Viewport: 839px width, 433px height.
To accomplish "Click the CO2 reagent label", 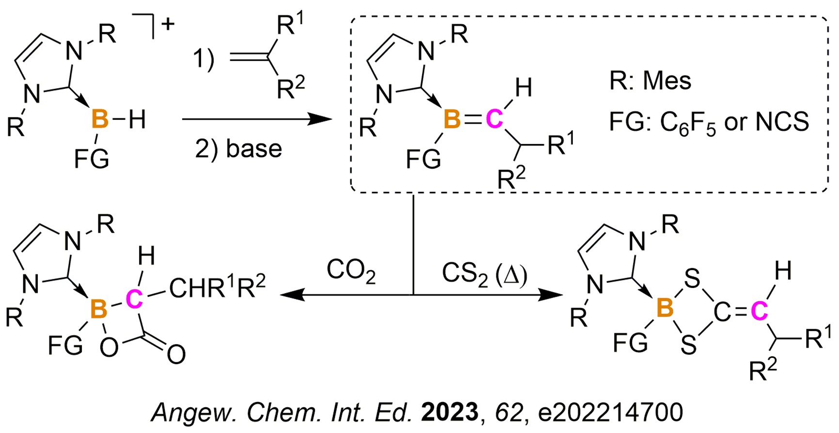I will point(351,271).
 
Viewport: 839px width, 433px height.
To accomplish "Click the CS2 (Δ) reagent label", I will point(484,274).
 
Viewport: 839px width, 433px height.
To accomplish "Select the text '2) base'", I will point(238,148).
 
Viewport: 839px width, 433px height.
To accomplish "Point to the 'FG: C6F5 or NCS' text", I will point(709,123).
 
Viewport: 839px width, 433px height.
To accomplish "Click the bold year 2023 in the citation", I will point(450,412).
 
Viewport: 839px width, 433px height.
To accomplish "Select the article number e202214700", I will point(611,412).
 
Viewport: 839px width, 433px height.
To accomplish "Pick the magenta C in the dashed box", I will point(494,119).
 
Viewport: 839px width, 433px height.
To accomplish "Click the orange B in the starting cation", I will point(100,119).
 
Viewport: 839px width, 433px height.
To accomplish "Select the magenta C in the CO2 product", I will point(134,299).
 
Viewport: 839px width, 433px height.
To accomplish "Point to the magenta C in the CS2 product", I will point(759,311).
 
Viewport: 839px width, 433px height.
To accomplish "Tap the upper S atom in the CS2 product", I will point(692,279).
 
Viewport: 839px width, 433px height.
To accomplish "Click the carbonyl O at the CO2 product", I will point(176,354).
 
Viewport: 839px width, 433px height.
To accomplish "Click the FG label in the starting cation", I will point(92,159).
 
